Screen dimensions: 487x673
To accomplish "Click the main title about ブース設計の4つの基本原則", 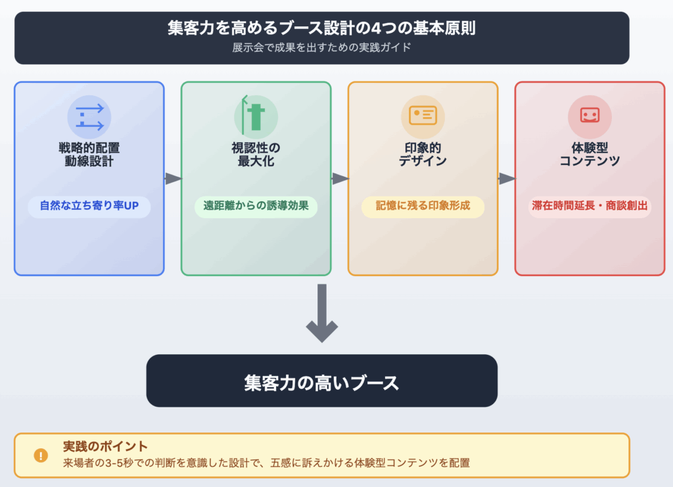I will point(322,29).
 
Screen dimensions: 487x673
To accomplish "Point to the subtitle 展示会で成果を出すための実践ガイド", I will point(322,48).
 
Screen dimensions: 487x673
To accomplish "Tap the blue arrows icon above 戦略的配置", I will point(89,117).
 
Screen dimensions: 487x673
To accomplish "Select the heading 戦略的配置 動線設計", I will point(89,154).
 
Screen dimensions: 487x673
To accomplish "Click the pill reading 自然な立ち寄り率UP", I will point(89,206).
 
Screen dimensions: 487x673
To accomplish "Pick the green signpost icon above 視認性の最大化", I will point(255,116).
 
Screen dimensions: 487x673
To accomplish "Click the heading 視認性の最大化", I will point(256,154).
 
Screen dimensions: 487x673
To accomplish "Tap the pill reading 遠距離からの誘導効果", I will point(256,206).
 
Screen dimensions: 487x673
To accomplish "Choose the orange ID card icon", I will point(423,116).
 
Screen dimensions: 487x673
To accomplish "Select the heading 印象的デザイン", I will point(423,154).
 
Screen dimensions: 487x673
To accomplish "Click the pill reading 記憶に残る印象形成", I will point(423,206).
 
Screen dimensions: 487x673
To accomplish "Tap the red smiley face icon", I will point(590,116).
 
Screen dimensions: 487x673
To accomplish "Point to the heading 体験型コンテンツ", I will point(590,154).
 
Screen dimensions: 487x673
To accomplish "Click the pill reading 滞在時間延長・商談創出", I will point(590,206).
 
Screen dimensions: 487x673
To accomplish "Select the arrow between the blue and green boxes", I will point(173,178).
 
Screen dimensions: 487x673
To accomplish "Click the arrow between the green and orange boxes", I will point(340,178).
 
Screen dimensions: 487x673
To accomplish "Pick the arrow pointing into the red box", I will point(507,178).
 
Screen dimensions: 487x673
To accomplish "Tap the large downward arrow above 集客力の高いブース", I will point(322,314).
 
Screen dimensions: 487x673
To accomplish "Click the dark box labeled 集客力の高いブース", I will point(322,381).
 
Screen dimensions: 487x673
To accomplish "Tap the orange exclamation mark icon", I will point(41,455).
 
